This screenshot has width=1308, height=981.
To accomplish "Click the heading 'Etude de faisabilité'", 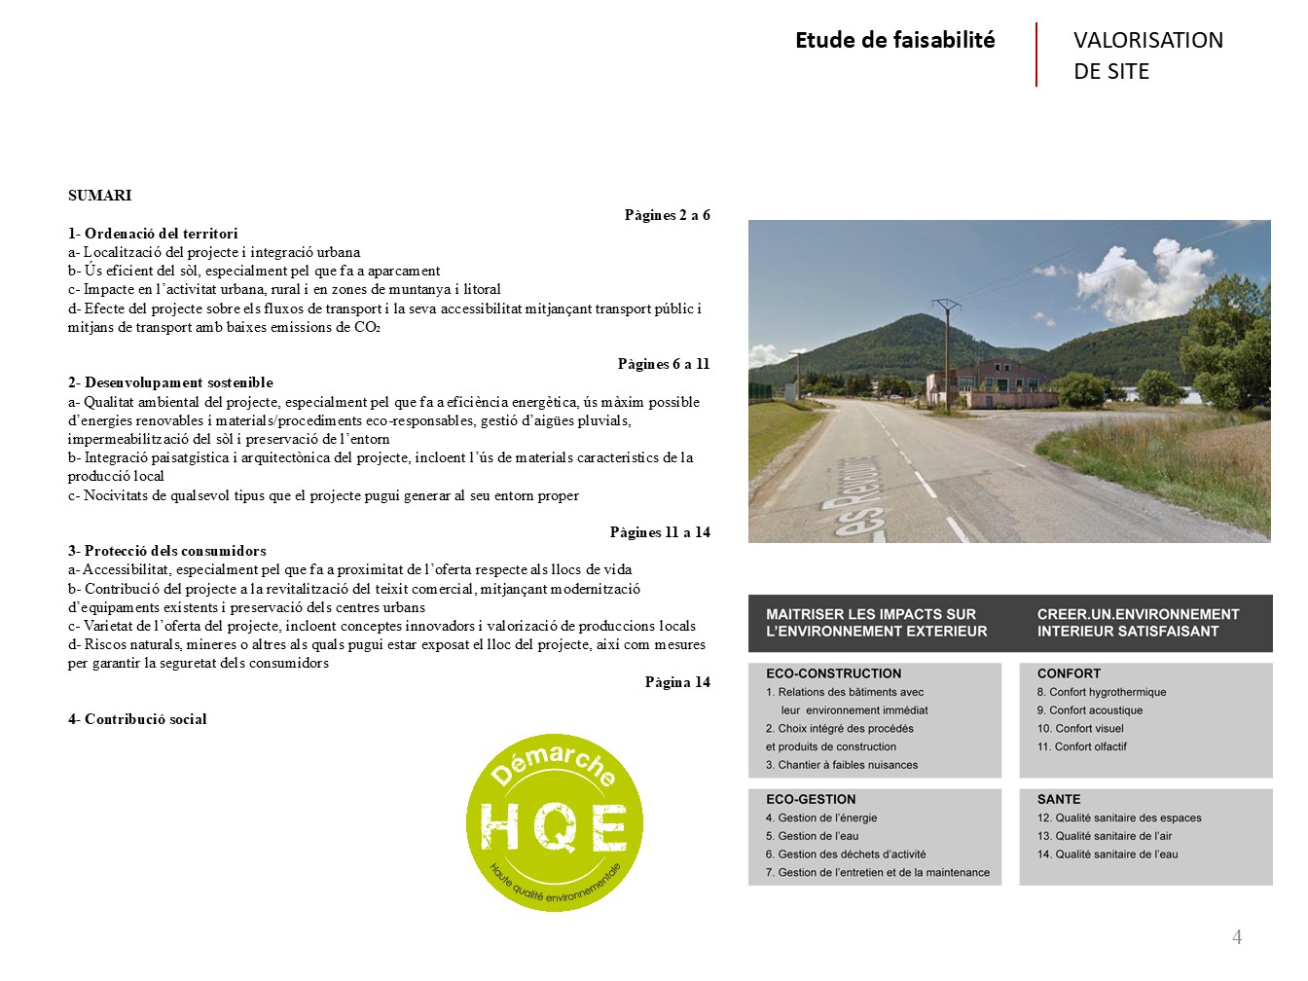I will (x=894, y=40).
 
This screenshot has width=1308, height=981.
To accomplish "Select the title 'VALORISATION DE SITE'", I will (x=1147, y=55).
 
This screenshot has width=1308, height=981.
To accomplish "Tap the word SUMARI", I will (x=99, y=196).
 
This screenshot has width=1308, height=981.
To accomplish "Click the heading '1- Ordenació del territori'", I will (x=153, y=234).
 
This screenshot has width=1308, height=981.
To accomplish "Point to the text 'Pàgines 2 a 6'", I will (x=667, y=215).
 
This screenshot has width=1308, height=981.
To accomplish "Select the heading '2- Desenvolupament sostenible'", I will (x=170, y=382).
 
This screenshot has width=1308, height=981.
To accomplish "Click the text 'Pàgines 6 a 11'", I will (x=663, y=364).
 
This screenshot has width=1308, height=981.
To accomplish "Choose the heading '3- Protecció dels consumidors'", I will (x=166, y=551).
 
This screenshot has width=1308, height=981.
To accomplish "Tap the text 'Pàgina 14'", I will (x=676, y=682).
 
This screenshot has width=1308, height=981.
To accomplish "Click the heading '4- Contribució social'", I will (x=137, y=719).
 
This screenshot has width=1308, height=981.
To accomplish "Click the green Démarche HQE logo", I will (x=554, y=822).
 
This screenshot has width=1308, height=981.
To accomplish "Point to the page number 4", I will (x=1237, y=937).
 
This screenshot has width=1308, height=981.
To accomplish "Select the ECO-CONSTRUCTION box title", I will (x=833, y=673).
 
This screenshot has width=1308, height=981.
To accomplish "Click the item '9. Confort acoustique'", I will (x=1089, y=710).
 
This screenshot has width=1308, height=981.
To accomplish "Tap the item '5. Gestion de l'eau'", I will (x=812, y=836).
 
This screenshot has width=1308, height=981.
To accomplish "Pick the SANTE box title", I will (x=1058, y=799).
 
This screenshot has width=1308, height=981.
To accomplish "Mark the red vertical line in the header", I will (x=1036, y=54).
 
